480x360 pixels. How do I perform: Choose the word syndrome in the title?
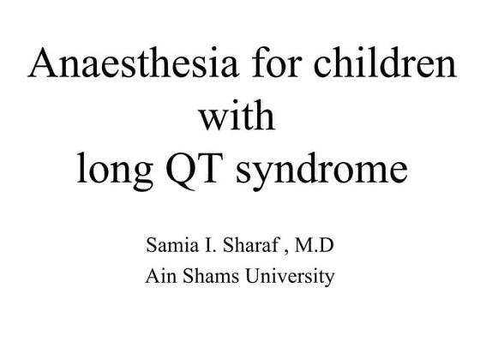[x=330, y=170]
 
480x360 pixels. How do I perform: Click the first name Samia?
[x=171, y=249]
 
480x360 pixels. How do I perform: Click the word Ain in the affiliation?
[x=159, y=278]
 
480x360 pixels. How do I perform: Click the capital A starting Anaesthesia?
[x=44, y=65]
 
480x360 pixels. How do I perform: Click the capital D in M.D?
[x=327, y=249]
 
